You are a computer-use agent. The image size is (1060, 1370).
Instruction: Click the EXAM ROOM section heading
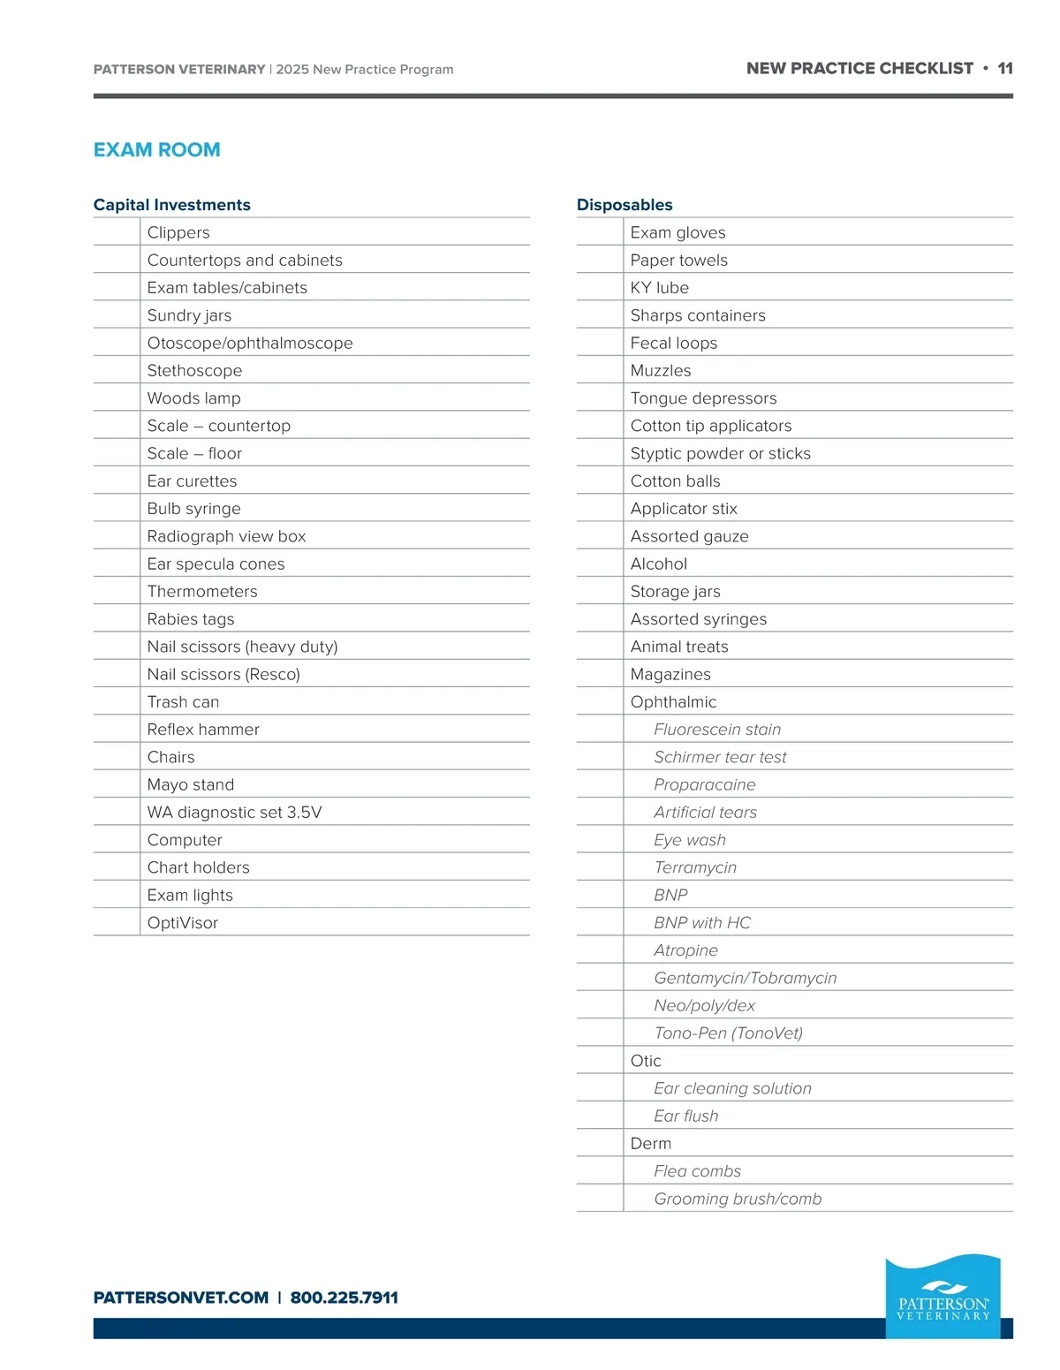(156, 150)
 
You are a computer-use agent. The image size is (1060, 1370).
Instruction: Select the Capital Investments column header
(172, 205)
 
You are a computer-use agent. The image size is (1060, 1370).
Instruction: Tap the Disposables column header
(625, 205)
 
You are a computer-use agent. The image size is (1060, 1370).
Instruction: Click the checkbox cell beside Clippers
(117, 232)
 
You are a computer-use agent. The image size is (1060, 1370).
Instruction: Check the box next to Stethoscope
(117, 370)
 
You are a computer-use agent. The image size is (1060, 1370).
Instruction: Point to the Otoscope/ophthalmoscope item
(250, 343)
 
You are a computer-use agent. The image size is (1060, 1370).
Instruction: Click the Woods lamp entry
(194, 398)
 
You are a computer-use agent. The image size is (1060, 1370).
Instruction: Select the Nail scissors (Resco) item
(223, 674)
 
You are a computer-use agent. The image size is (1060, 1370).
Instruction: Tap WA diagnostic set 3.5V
(234, 812)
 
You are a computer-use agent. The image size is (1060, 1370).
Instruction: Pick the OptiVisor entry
(183, 922)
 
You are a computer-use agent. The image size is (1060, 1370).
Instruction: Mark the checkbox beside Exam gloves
(600, 232)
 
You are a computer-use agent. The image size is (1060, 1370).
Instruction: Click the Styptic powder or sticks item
(720, 453)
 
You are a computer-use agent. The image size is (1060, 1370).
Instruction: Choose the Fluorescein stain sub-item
(717, 730)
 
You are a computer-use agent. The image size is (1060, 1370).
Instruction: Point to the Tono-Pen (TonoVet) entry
(728, 1033)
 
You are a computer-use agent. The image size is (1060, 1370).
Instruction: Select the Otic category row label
(646, 1061)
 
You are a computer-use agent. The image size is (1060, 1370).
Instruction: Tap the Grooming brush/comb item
(738, 1199)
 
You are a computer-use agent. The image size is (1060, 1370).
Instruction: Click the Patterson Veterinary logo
(943, 1297)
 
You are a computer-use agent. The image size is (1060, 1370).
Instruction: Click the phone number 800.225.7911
(344, 1298)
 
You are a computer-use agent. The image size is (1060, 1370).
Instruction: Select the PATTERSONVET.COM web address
(181, 1298)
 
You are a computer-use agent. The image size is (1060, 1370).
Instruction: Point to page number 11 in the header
(1005, 69)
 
